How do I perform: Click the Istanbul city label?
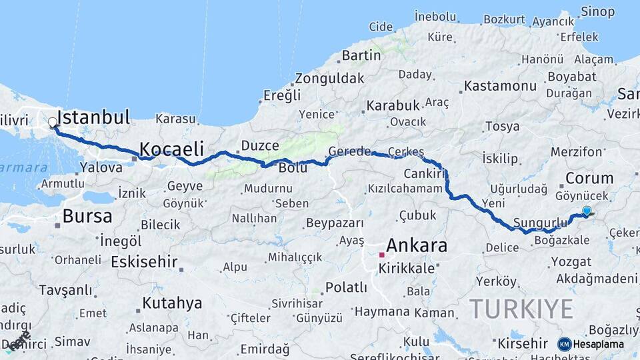click(x=93, y=118)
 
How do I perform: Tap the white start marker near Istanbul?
click(x=52, y=123)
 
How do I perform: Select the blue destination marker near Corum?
click(x=587, y=211)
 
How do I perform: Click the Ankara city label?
click(x=417, y=245)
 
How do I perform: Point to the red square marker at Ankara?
click(x=381, y=254)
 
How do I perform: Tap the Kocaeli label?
click(x=171, y=149)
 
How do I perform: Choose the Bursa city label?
click(x=87, y=216)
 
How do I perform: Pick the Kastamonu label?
click(x=500, y=86)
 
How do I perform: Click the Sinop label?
click(x=597, y=11)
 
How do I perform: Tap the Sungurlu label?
click(x=540, y=222)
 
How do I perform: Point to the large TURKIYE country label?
click(x=521, y=309)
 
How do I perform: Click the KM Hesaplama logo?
click(x=591, y=344)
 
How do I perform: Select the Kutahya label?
click(x=172, y=303)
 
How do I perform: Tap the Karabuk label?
click(x=393, y=105)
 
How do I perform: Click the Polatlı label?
click(x=346, y=287)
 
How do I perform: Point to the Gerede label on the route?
click(x=349, y=151)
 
